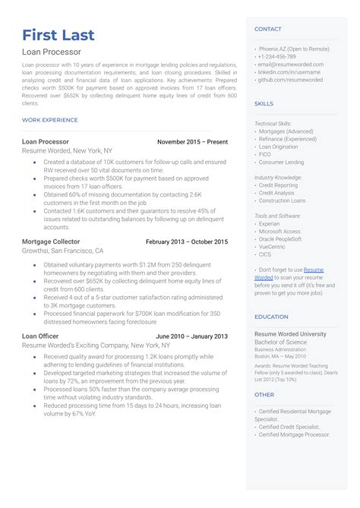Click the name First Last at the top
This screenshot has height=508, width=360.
point(58,35)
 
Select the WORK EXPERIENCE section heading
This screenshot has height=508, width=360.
point(50,120)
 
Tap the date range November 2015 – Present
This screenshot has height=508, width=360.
point(192,142)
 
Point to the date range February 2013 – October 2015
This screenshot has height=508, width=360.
point(186,241)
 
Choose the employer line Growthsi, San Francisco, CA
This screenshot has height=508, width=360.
point(63,251)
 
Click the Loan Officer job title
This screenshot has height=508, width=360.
point(42,336)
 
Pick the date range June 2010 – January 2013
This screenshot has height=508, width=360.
point(191,336)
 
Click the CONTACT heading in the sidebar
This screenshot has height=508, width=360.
point(268,29)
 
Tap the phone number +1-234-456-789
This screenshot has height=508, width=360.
point(278,56)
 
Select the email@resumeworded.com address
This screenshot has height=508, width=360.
point(292,65)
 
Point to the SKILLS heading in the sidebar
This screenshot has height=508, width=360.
point(264,103)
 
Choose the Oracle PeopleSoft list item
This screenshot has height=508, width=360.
point(280,239)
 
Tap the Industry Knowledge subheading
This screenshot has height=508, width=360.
point(278,177)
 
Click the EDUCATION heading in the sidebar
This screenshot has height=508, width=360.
point(271,317)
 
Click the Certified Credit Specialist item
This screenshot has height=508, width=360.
point(289,427)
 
